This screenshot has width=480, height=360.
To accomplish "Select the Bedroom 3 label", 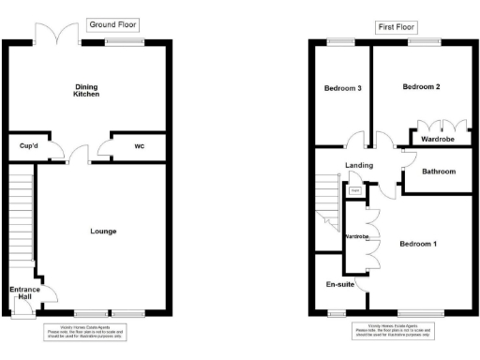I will [x=343, y=88].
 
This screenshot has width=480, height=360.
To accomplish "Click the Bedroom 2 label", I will [x=421, y=86].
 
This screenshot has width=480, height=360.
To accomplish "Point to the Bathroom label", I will [x=438, y=172].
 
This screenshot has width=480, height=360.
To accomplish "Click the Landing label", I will [x=359, y=166].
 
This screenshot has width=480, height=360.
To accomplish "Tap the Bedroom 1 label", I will [x=418, y=244].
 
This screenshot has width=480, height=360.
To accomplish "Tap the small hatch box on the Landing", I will [x=354, y=191].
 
